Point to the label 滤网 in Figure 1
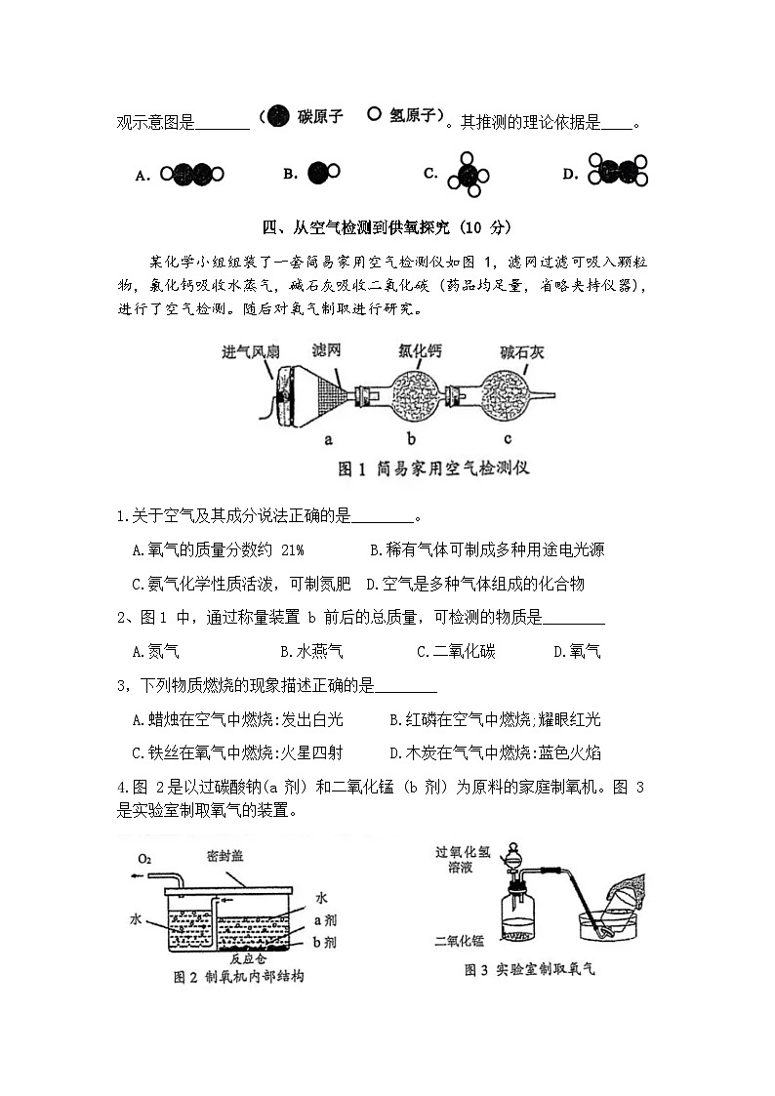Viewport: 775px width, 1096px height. point(327,350)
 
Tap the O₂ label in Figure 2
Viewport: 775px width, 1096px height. point(144,858)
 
